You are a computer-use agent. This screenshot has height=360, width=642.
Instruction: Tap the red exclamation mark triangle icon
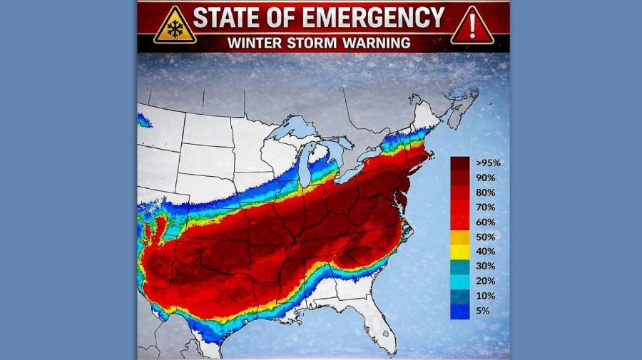[472, 26]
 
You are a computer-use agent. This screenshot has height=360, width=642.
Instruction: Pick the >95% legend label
[489, 163]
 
